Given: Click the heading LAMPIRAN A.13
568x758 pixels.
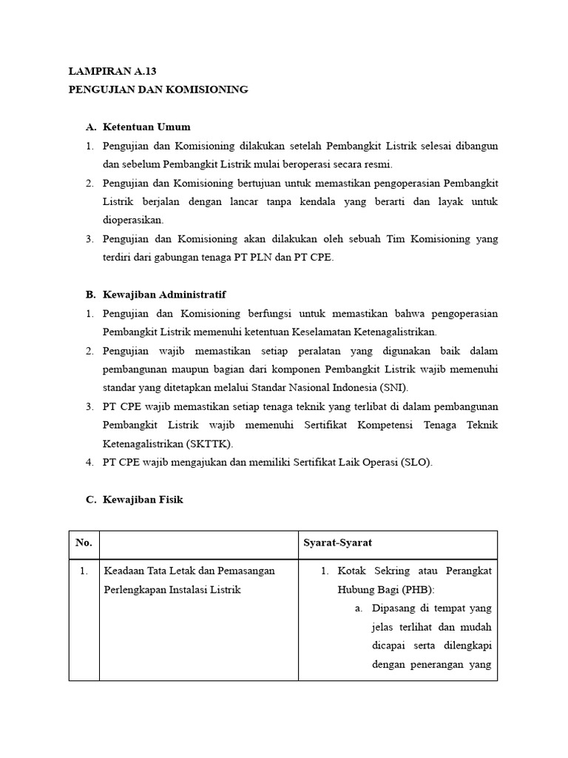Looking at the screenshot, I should point(112,72).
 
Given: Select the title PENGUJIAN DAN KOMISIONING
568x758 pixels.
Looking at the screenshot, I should point(158,90).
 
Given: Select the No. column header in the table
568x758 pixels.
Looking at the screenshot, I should point(84,543).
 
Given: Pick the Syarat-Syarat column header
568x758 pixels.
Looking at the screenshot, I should point(337,543).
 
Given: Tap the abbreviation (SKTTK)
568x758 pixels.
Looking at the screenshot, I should point(209,443).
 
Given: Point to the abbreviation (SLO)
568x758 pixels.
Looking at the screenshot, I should point(416,462).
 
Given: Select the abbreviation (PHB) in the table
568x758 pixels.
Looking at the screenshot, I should point(417,589).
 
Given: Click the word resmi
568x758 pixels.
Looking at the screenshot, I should point(378,164).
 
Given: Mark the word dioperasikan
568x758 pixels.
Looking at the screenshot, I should point(133,219).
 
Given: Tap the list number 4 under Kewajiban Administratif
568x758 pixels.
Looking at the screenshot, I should point(89,462).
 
